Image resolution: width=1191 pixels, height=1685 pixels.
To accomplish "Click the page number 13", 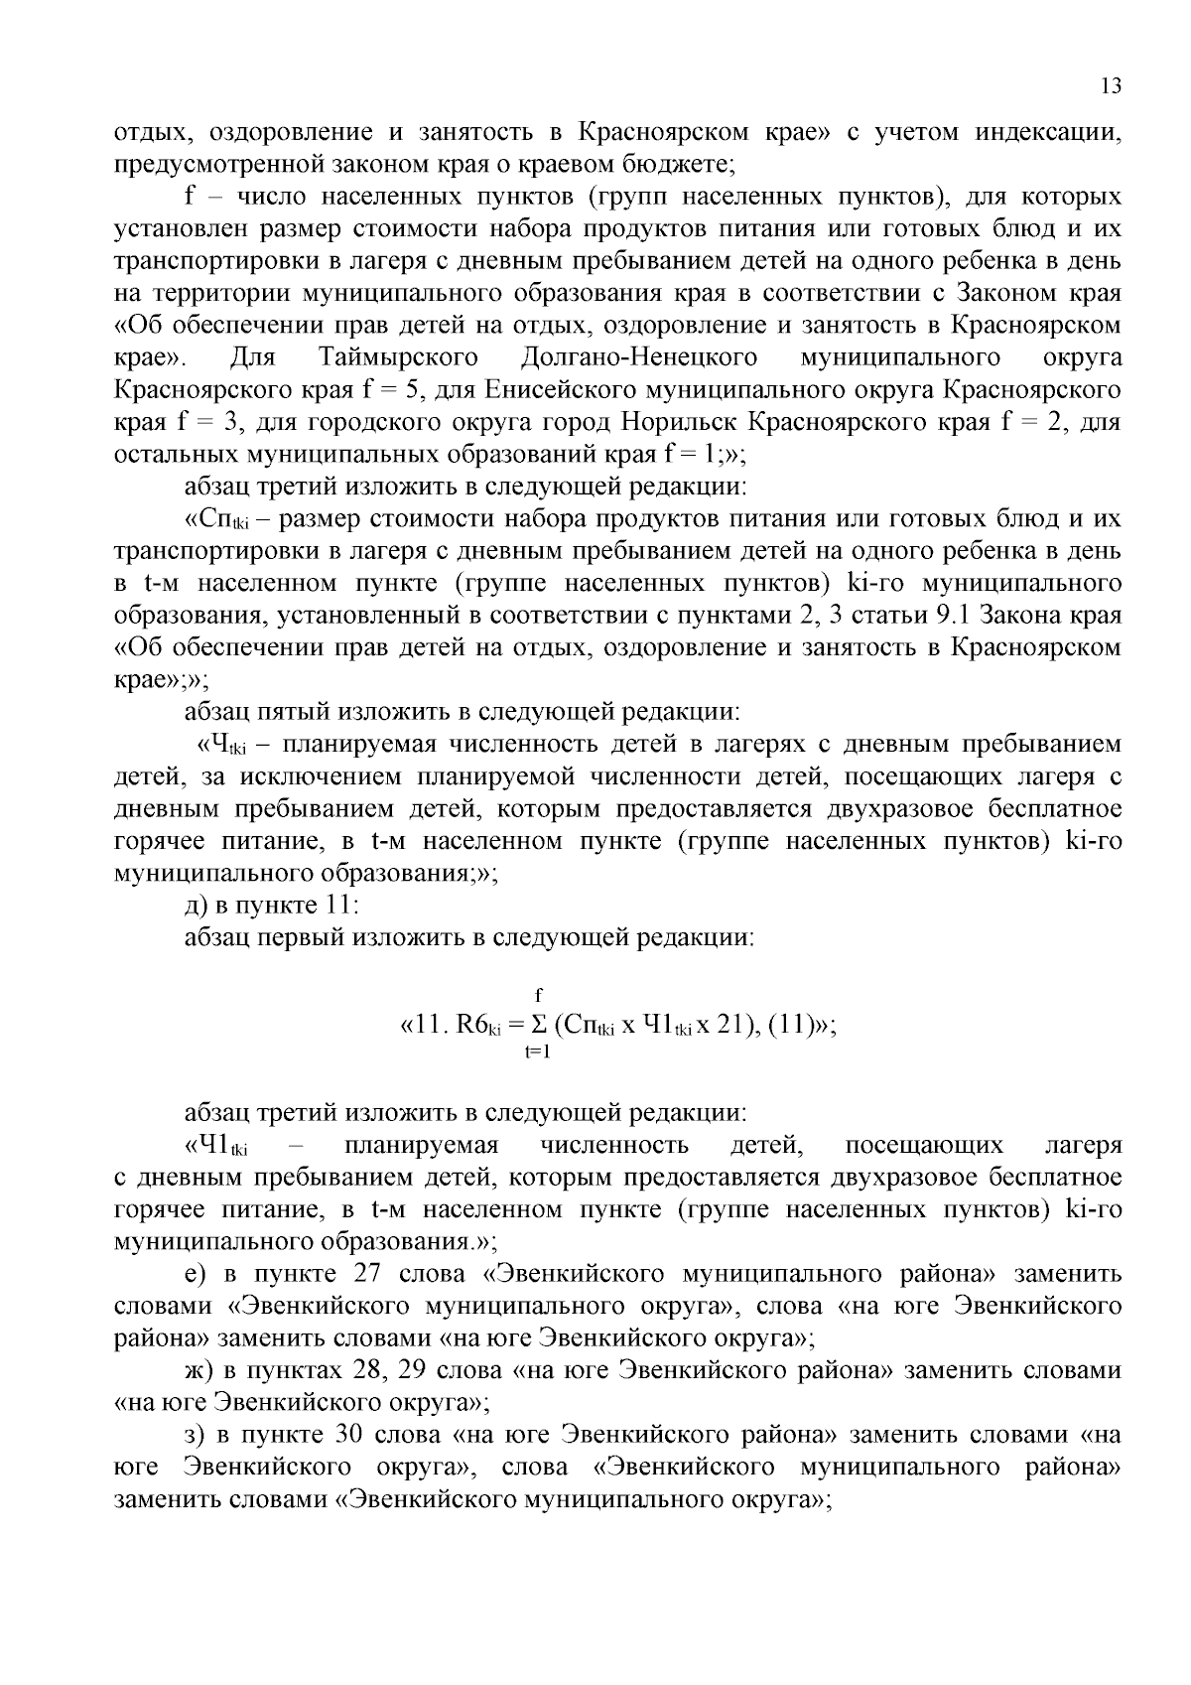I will (1111, 85).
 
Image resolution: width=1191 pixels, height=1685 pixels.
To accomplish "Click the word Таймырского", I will (399, 356).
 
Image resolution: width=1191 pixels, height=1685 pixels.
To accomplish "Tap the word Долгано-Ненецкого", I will (638, 356).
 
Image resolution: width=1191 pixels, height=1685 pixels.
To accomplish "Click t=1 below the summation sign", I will (538, 1053).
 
